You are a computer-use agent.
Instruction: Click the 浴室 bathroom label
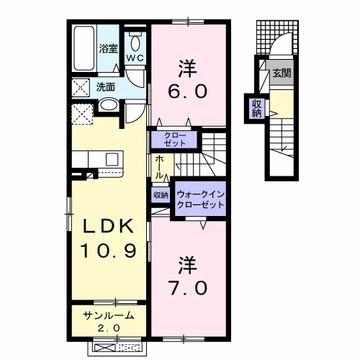(x=109, y=49)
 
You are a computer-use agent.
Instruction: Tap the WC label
(x=135, y=58)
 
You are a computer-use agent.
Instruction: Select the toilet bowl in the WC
(x=135, y=44)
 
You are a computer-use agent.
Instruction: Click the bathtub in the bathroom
(x=84, y=48)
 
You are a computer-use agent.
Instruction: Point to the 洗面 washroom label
(x=106, y=87)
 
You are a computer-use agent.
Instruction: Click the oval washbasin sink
(x=109, y=105)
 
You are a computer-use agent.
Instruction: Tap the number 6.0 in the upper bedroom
(x=187, y=91)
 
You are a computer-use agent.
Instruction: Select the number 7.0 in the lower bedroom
(x=187, y=288)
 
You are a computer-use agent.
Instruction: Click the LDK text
(x=108, y=226)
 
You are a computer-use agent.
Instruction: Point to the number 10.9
(x=109, y=251)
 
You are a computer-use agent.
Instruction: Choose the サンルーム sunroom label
(x=108, y=316)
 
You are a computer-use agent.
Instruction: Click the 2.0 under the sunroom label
(x=109, y=328)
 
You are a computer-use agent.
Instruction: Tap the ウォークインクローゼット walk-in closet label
(x=200, y=199)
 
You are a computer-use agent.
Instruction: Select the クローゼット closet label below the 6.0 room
(x=175, y=140)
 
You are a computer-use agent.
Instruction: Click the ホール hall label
(x=158, y=167)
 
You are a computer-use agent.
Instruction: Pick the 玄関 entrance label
(x=282, y=73)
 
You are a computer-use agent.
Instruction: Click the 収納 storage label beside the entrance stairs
(x=256, y=108)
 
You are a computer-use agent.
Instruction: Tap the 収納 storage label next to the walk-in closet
(x=161, y=195)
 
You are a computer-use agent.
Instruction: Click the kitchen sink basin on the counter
(x=112, y=159)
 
